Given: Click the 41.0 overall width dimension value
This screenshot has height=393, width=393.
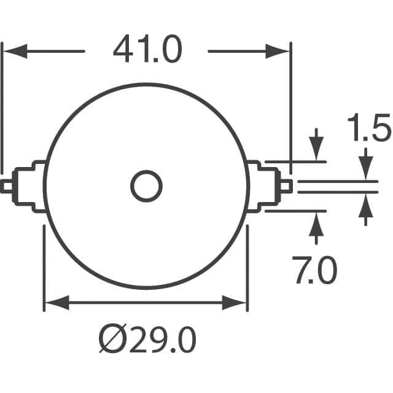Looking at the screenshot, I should (x=147, y=50).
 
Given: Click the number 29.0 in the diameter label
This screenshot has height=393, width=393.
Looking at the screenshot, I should (x=161, y=338).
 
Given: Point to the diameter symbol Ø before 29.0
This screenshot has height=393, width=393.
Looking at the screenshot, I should (x=111, y=339).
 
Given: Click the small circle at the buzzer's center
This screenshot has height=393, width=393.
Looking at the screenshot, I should (x=146, y=186).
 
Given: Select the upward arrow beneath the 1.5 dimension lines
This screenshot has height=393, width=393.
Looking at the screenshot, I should (x=366, y=209).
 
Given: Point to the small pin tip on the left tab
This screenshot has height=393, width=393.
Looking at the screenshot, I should (x=6, y=186).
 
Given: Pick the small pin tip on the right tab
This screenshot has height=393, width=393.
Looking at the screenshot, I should (x=287, y=186).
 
